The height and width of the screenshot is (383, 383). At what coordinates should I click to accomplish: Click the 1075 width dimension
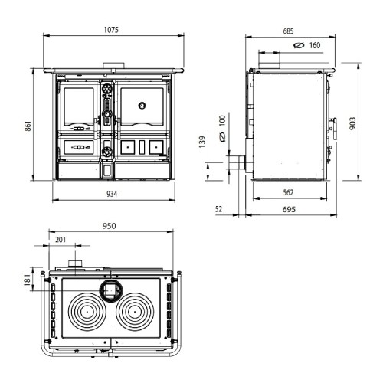click(x=111, y=30)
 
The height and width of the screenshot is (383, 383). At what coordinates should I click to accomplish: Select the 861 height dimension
click(x=28, y=126)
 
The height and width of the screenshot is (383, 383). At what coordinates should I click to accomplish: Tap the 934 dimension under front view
click(x=112, y=194)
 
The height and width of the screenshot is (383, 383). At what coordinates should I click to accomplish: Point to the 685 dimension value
click(x=288, y=31)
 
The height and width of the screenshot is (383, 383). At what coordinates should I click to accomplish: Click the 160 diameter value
click(x=315, y=45)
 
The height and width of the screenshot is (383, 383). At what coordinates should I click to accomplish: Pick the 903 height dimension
click(x=352, y=123)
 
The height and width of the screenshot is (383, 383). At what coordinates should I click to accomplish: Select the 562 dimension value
click(x=288, y=192)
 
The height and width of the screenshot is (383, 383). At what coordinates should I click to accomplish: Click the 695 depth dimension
click(x=289, y=210)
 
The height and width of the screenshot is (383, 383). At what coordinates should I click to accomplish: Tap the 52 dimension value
click(x=218, y=209)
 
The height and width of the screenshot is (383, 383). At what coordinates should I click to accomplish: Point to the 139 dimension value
click(x=202, y=142)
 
